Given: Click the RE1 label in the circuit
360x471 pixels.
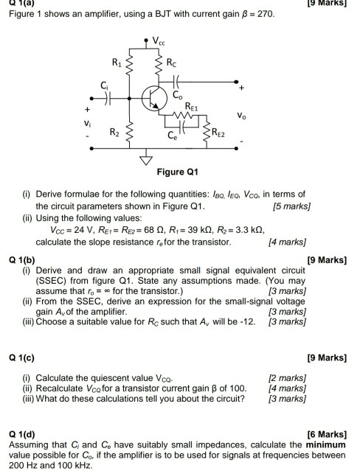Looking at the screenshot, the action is [193, 105].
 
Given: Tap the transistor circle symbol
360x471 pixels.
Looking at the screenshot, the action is [153, 97].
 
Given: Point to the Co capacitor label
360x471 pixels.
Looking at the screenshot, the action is [177, 95].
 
